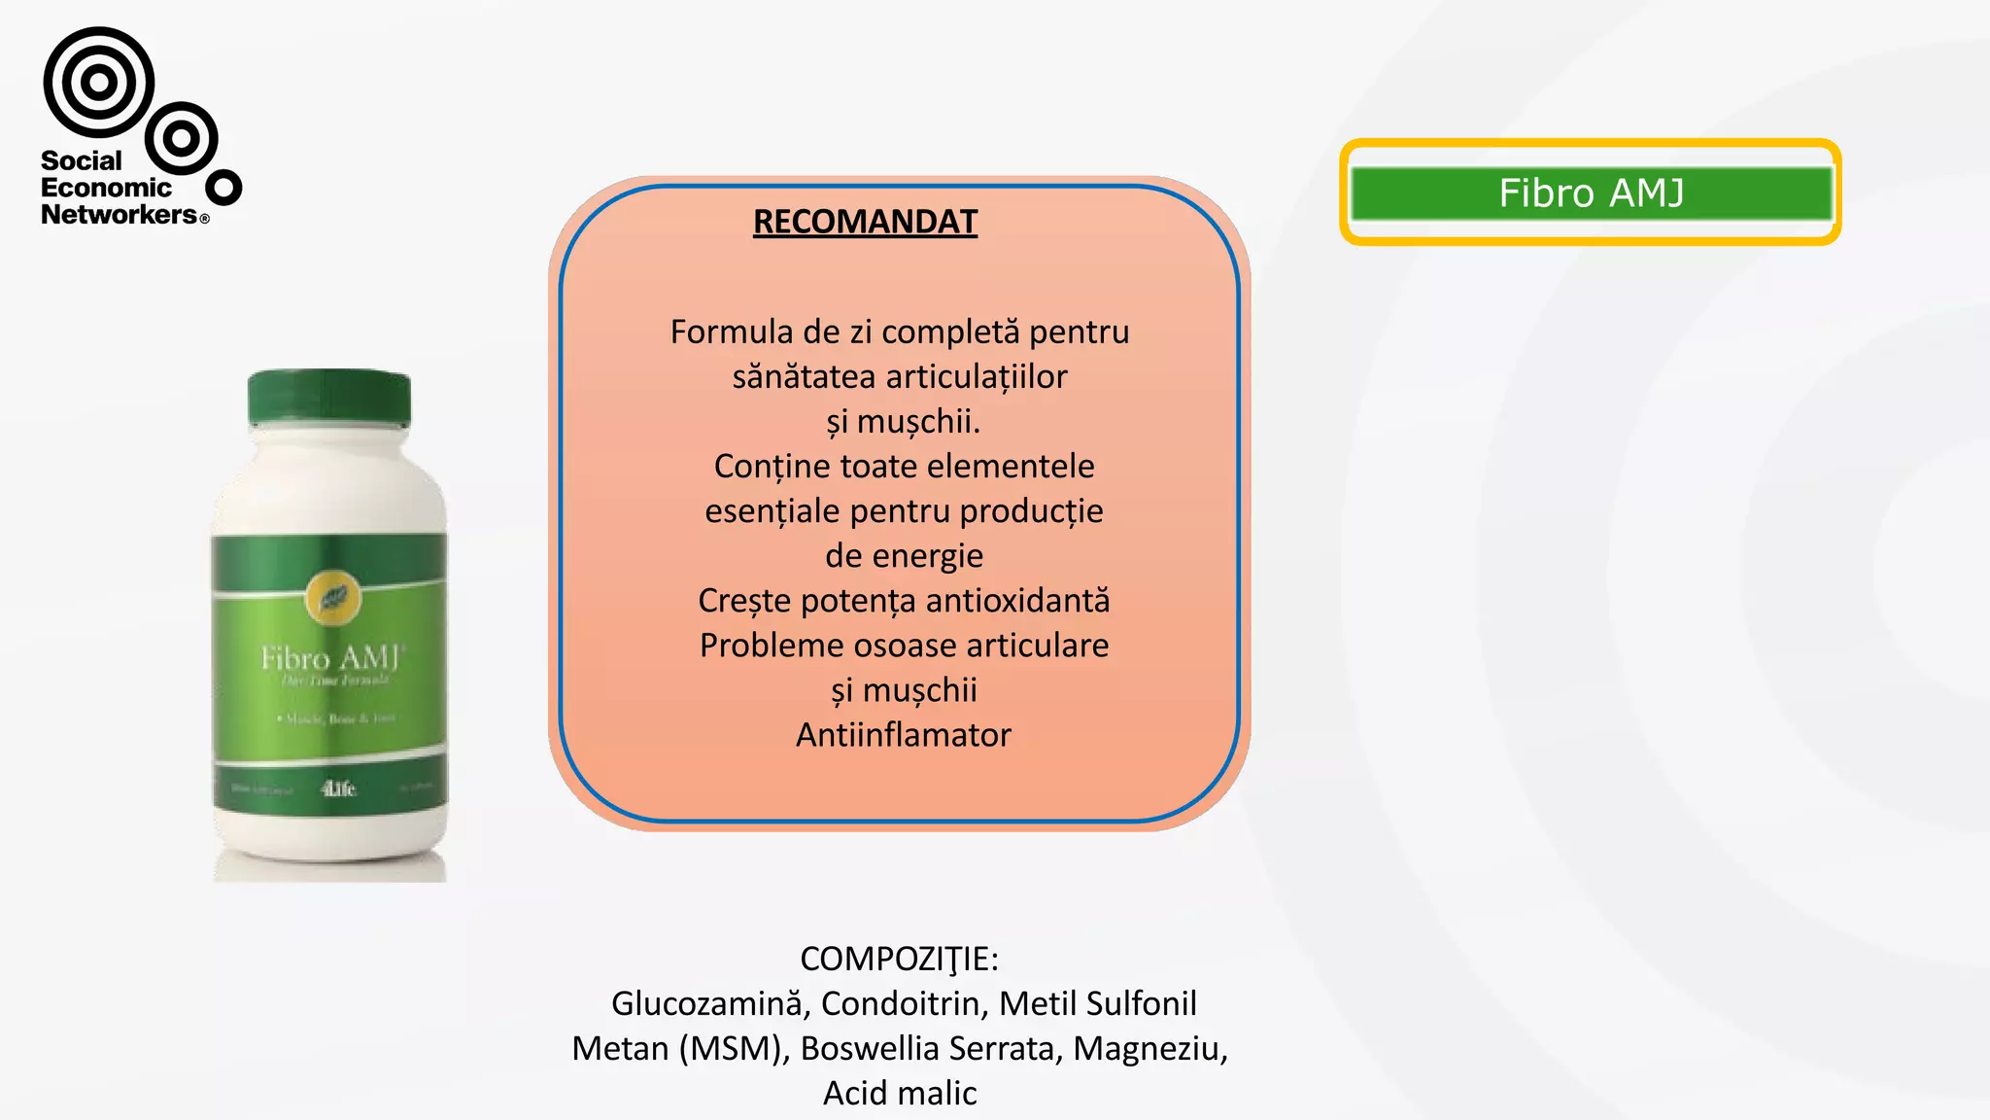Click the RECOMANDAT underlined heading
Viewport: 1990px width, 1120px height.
865,222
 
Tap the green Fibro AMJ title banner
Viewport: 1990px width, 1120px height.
1591,192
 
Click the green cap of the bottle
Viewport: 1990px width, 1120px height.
329,398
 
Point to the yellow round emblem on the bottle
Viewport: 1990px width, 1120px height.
333,598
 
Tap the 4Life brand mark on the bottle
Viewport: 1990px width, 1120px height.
338,788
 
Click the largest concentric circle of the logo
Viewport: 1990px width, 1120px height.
98,83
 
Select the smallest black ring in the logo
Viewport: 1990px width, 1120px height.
224,188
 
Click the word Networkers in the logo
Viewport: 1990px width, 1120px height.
119,215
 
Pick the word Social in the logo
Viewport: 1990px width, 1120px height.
82,160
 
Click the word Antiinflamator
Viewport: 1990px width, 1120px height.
904,735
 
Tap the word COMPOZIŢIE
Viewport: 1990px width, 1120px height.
898,959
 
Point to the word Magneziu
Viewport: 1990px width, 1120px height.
1149,1048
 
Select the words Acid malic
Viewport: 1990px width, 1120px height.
900,1093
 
